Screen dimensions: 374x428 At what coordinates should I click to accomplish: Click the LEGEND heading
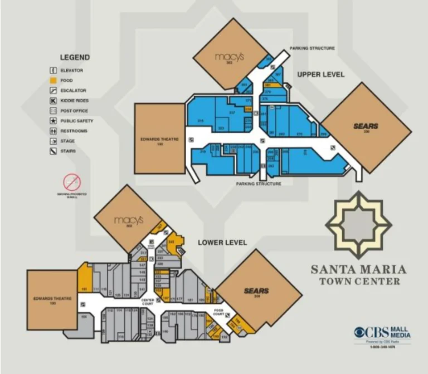tap(75, 57)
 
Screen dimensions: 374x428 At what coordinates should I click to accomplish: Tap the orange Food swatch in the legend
tap(53, 80)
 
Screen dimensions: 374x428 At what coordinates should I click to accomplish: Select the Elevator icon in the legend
tap(53, 70)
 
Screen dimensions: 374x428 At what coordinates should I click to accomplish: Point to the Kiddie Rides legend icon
tap(53, 101)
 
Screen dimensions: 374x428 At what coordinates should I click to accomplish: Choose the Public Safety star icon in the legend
tap(53, 121)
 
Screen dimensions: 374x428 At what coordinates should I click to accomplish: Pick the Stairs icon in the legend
tap(53, 151)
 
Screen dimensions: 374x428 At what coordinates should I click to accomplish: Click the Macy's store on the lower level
tap(129, 220)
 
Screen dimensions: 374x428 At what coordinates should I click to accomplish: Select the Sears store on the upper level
tap(366, 127)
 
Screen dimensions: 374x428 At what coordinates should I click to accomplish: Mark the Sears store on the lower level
tap(256, 291)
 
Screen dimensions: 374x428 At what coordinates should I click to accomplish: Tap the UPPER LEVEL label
tap(320, 75)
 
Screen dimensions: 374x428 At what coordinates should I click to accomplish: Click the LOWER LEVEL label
tap(222, 243)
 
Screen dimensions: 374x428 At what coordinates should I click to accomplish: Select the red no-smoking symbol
tap(72, 181)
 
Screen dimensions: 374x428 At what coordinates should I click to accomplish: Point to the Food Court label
tap(218, 312)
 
